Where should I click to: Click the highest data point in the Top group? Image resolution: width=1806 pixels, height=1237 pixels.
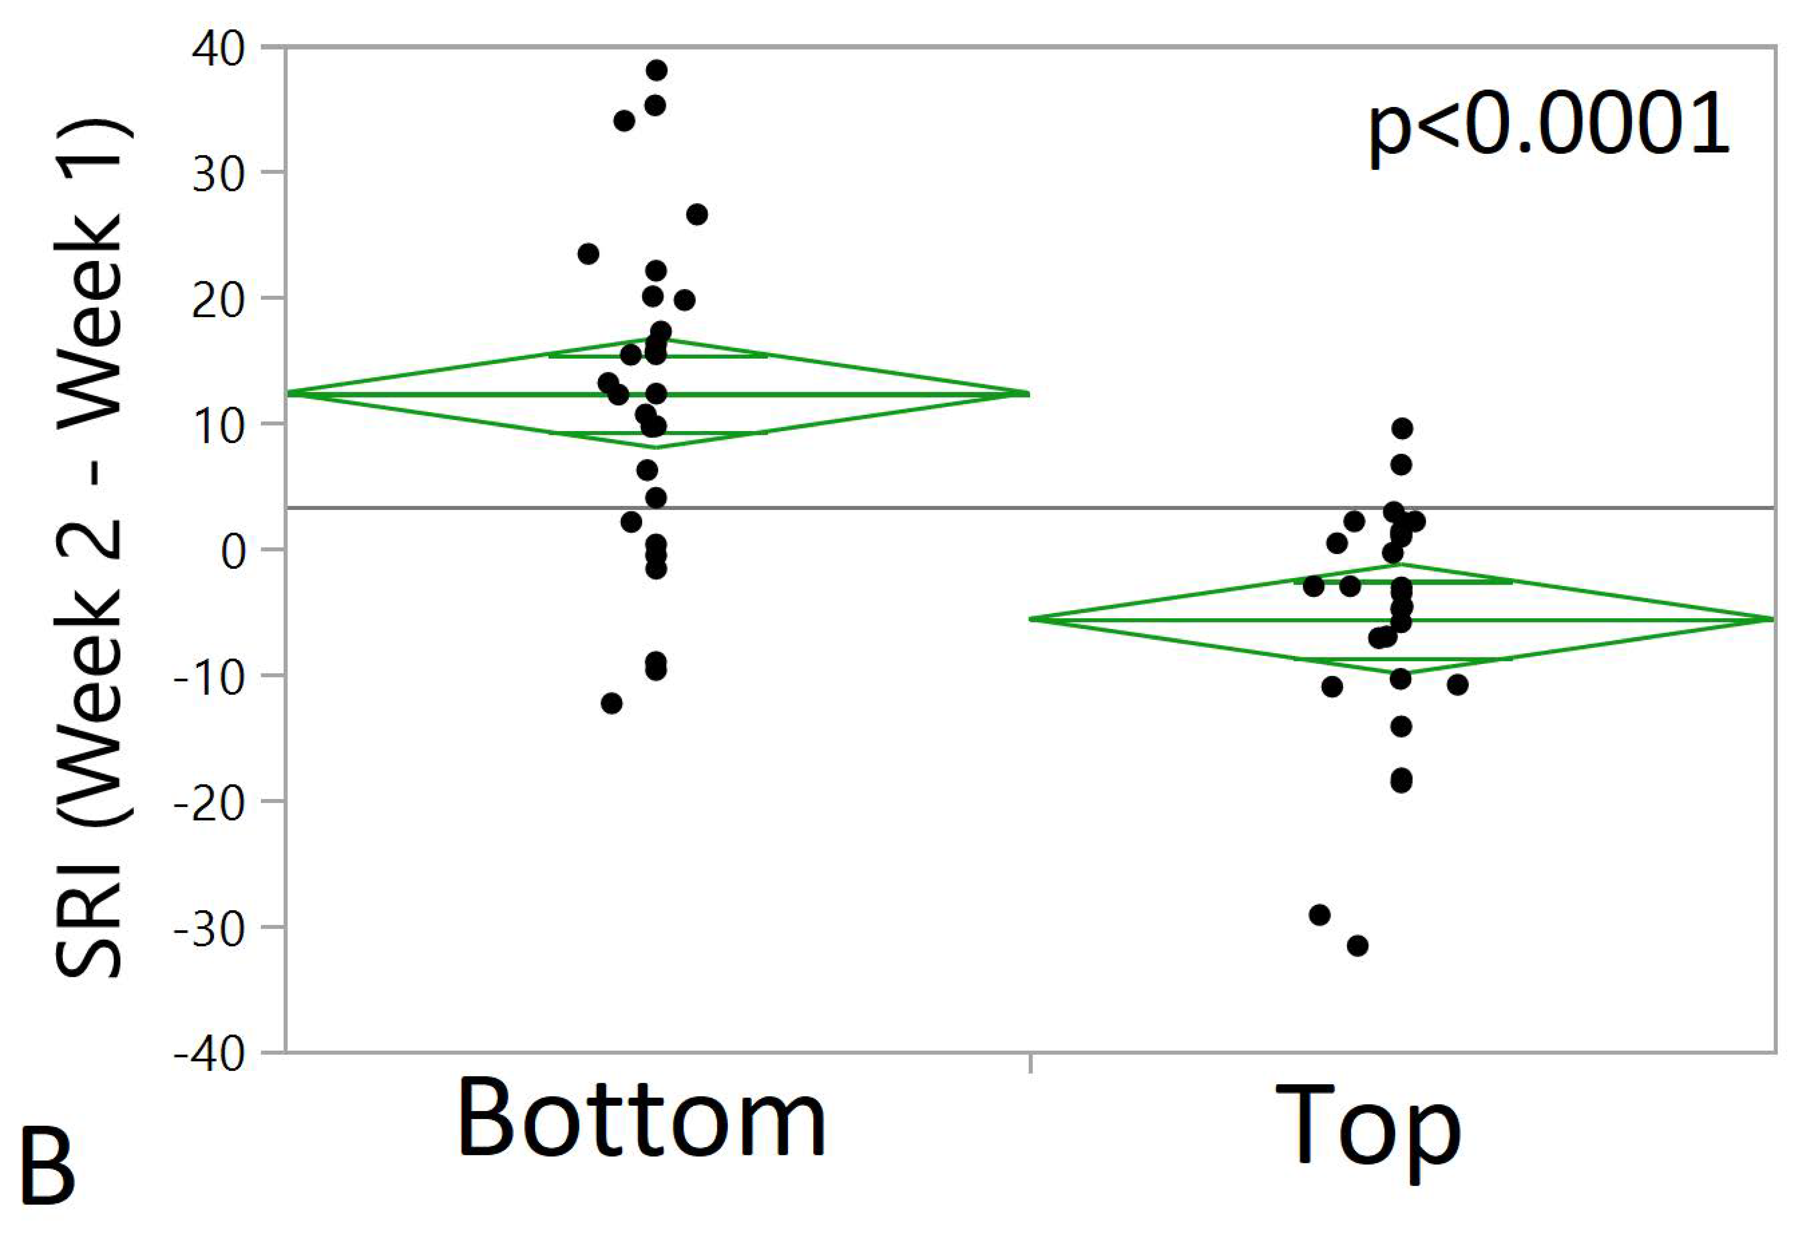[1402, 428]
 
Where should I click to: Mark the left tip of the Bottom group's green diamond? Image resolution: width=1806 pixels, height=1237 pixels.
[289, 393]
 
